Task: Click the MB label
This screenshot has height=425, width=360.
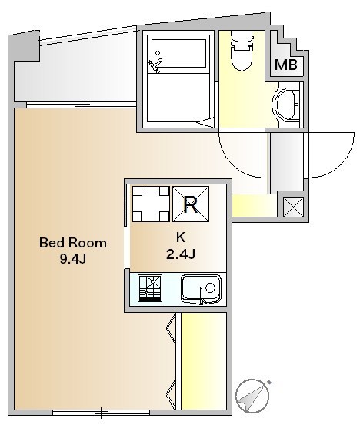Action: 286,65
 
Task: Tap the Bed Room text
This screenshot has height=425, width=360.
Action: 73,243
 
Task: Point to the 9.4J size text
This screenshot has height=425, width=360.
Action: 73,259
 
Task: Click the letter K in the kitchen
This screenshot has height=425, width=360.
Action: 181,237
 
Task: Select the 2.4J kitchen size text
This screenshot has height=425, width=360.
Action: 181,254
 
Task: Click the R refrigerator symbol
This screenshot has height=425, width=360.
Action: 191,204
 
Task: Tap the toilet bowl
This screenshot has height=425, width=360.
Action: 242,51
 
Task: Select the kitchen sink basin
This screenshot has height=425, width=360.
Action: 201,289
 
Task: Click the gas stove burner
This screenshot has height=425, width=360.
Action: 150,288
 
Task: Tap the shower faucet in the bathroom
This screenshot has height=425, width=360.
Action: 155,65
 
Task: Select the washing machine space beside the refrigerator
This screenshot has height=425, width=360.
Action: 151,204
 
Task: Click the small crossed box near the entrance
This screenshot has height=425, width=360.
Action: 293,207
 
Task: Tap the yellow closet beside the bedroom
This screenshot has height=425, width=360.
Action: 204,361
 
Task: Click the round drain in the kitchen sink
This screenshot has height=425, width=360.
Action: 210,287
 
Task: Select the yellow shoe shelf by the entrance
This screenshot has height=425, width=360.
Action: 255,205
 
